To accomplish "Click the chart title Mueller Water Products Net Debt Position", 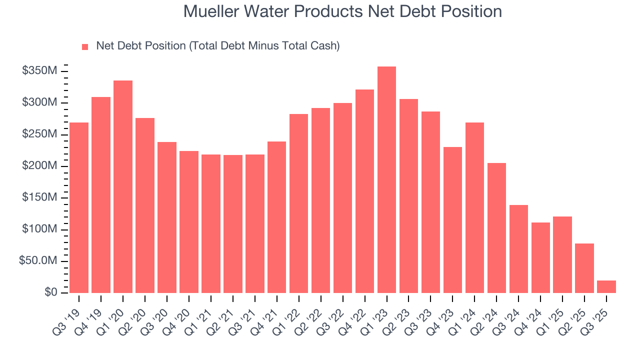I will click(342, 11).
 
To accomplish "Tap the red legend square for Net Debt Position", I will click(85, 46).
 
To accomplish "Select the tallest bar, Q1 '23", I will click(386, 180).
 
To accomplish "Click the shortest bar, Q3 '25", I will click(606, 287).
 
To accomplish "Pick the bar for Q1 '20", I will click(123, 186).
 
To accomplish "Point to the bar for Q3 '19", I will click(79, 207).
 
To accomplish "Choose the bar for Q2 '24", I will click(496, 228).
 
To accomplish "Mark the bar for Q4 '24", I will click(540, 257).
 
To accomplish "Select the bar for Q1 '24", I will click(474, 207).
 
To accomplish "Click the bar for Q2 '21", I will click(233, 224).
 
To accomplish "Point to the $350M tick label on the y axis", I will click(39, 71).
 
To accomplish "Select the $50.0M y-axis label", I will click(36, 261).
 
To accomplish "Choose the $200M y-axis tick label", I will click(39, 166).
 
